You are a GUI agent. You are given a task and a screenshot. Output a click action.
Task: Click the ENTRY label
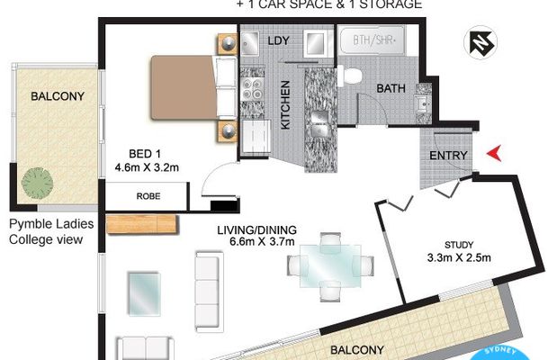(447, 157)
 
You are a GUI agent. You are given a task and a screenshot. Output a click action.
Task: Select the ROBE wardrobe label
(148, 193)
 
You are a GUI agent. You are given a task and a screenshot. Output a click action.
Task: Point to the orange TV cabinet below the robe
(139, 222)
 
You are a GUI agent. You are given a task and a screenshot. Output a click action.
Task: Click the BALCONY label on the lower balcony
(357, 349)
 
